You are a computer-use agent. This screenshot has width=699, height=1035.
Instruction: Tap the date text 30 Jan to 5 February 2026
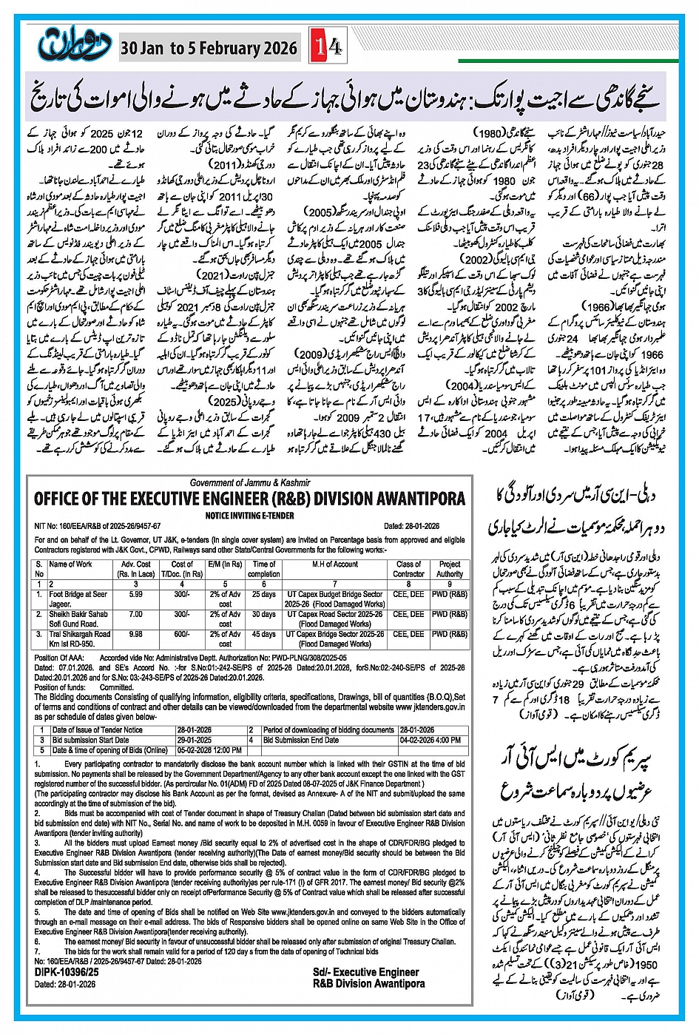click(209, 49)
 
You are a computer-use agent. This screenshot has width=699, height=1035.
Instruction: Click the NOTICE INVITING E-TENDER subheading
click(249, 516)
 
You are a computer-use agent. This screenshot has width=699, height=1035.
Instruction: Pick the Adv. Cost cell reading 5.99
click(136, 594)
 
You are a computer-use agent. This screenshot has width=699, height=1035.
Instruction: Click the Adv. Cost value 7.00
click(136, 614)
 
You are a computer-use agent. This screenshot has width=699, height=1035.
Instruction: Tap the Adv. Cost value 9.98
click(136, 634)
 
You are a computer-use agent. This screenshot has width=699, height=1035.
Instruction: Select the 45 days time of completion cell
click(263, 634)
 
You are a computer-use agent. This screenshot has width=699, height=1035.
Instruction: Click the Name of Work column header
click(71, 564)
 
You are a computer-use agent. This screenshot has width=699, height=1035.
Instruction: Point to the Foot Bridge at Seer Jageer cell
click(78, 599)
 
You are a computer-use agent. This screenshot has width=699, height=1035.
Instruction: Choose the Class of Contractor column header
click(408, 569)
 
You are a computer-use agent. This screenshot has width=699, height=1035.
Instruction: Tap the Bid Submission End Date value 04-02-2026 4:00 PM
click(430, 740)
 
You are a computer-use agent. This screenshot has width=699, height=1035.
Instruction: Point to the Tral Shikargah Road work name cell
click(79, 638)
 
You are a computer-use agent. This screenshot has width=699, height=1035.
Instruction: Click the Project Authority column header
click(449, 569)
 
